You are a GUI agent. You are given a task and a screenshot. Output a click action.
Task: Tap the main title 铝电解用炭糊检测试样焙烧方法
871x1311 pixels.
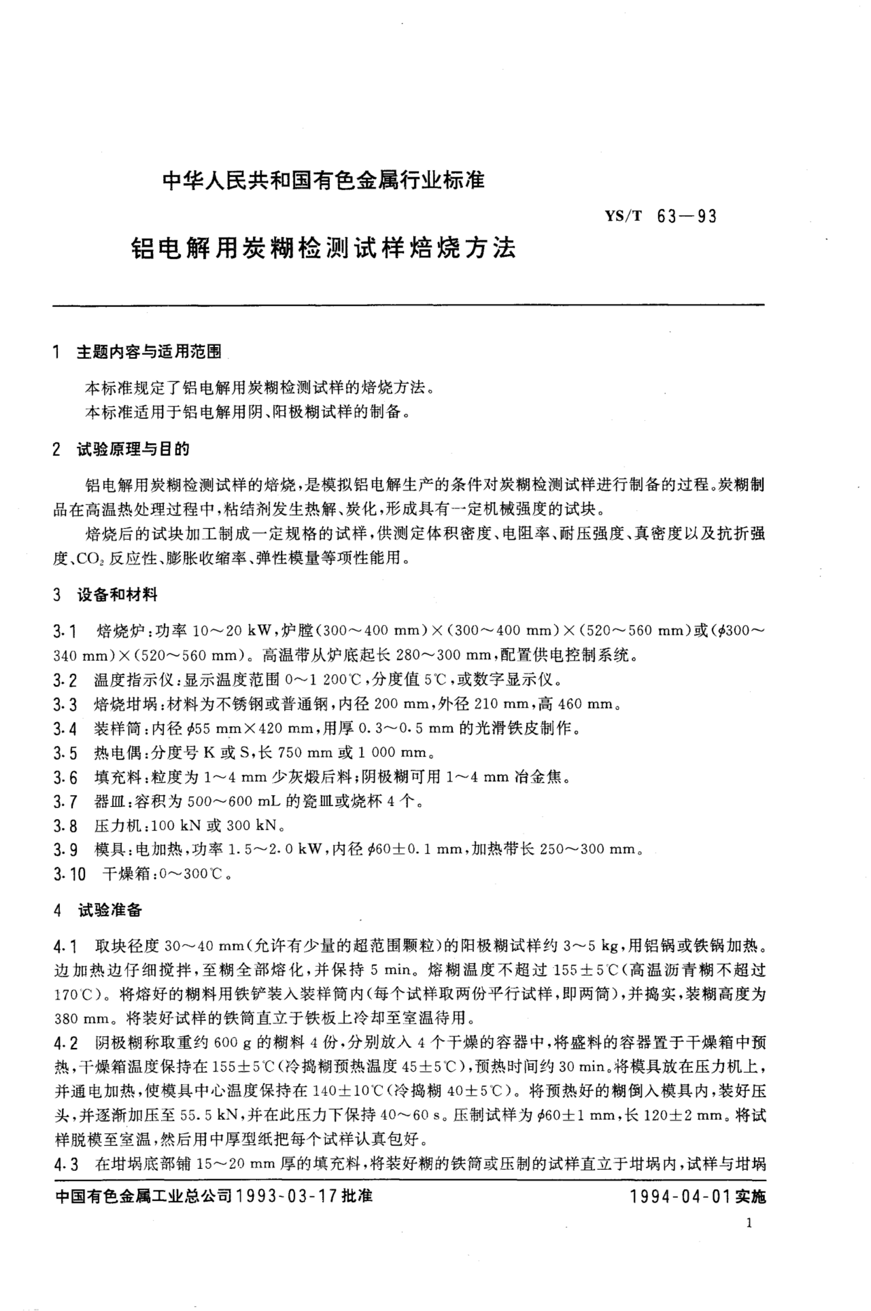coord(323,248)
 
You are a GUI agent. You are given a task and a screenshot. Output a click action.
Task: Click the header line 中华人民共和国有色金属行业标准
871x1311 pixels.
coord(323,181)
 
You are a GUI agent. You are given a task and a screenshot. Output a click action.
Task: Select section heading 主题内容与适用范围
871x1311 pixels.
coord(149,352)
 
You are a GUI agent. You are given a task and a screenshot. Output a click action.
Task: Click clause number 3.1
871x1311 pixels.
coord(65,631)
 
